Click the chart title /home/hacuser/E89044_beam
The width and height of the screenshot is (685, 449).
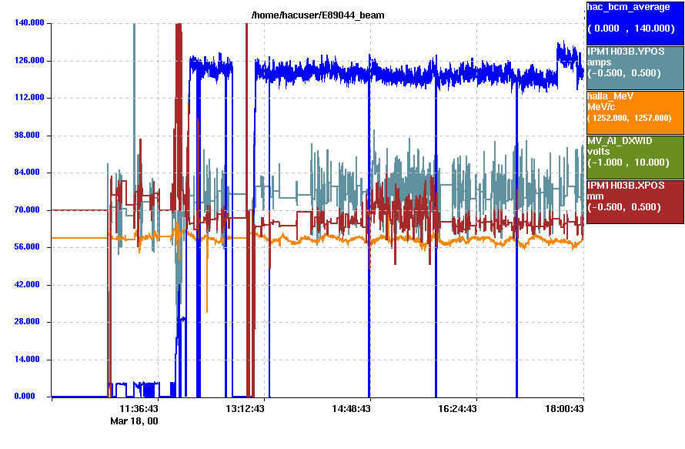click(318, 15)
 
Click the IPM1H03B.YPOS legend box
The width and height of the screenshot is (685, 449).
click(635, 67)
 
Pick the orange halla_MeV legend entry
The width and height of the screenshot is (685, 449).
click(635, 112)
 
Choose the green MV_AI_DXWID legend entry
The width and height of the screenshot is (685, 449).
click(635, 157)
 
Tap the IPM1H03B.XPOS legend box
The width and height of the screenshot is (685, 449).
click(635, 202)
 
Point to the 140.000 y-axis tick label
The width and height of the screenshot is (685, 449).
click(29, 23)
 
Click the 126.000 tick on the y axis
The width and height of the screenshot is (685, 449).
click(29, 61)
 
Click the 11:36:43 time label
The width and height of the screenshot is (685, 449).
click(139, 409)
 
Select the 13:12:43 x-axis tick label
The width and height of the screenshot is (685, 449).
click(245, 409)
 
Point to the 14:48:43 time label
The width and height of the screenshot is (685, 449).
click(352, 409)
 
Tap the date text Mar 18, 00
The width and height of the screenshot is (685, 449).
click(134, 421)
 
